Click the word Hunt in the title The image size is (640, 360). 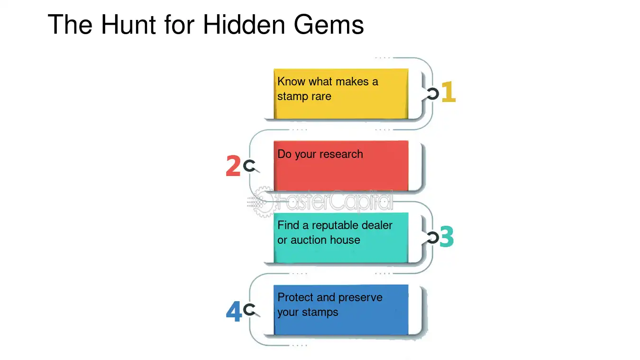(128, 25)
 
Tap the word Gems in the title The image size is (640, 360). (329, 25)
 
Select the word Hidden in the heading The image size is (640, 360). (244, 25)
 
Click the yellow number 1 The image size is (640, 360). (448, 92)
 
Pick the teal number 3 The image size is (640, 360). (447, 237)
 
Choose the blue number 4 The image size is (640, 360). (234, 311)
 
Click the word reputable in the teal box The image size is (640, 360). (335, 226)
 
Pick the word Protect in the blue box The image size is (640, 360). (295, 297)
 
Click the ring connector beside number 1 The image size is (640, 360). (432, 94)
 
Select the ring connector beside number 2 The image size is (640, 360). (249, 166)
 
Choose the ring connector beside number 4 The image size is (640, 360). (249, 310)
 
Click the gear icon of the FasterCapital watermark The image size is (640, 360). (262, 202)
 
